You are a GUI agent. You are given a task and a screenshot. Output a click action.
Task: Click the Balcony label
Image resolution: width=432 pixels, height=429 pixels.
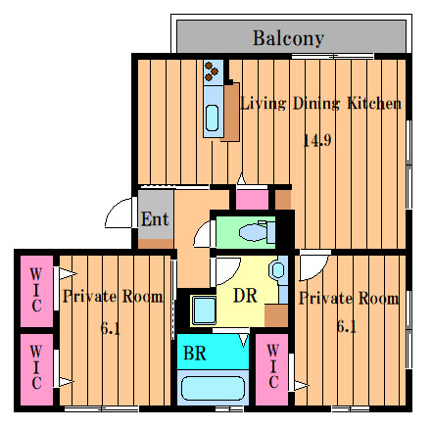(288, 38)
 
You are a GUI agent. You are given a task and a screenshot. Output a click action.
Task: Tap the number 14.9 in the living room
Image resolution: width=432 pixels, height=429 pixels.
(317, 140)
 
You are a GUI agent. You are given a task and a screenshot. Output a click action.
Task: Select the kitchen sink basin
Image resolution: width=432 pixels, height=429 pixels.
(213, 118)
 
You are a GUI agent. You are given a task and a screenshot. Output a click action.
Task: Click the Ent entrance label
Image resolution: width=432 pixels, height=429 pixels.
(155, 218)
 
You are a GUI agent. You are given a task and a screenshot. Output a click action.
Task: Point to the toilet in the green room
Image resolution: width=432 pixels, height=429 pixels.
(257, 232)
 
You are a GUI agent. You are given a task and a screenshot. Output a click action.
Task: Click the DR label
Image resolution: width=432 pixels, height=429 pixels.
(245, 296)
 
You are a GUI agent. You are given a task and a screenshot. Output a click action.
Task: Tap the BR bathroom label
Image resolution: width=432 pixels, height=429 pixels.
(195, 353)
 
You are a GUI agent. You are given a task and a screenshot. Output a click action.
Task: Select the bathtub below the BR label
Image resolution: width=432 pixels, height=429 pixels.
(213, 389)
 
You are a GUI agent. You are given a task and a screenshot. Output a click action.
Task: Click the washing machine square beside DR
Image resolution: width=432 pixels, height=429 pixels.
(204, 310)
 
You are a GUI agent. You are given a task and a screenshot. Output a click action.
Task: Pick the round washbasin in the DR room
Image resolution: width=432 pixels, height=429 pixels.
(277, 269)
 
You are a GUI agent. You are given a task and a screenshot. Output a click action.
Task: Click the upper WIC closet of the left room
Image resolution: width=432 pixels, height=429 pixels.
(36, 291)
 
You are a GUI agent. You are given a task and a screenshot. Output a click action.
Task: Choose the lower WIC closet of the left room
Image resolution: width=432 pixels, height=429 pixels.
(36, 369)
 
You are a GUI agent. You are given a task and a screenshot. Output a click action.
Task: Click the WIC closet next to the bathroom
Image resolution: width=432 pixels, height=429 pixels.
(271, 369)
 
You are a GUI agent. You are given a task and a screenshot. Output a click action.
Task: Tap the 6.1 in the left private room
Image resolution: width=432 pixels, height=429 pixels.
(111, 328)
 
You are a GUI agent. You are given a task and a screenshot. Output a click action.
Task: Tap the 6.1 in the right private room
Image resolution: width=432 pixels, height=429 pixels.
(347, 326)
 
